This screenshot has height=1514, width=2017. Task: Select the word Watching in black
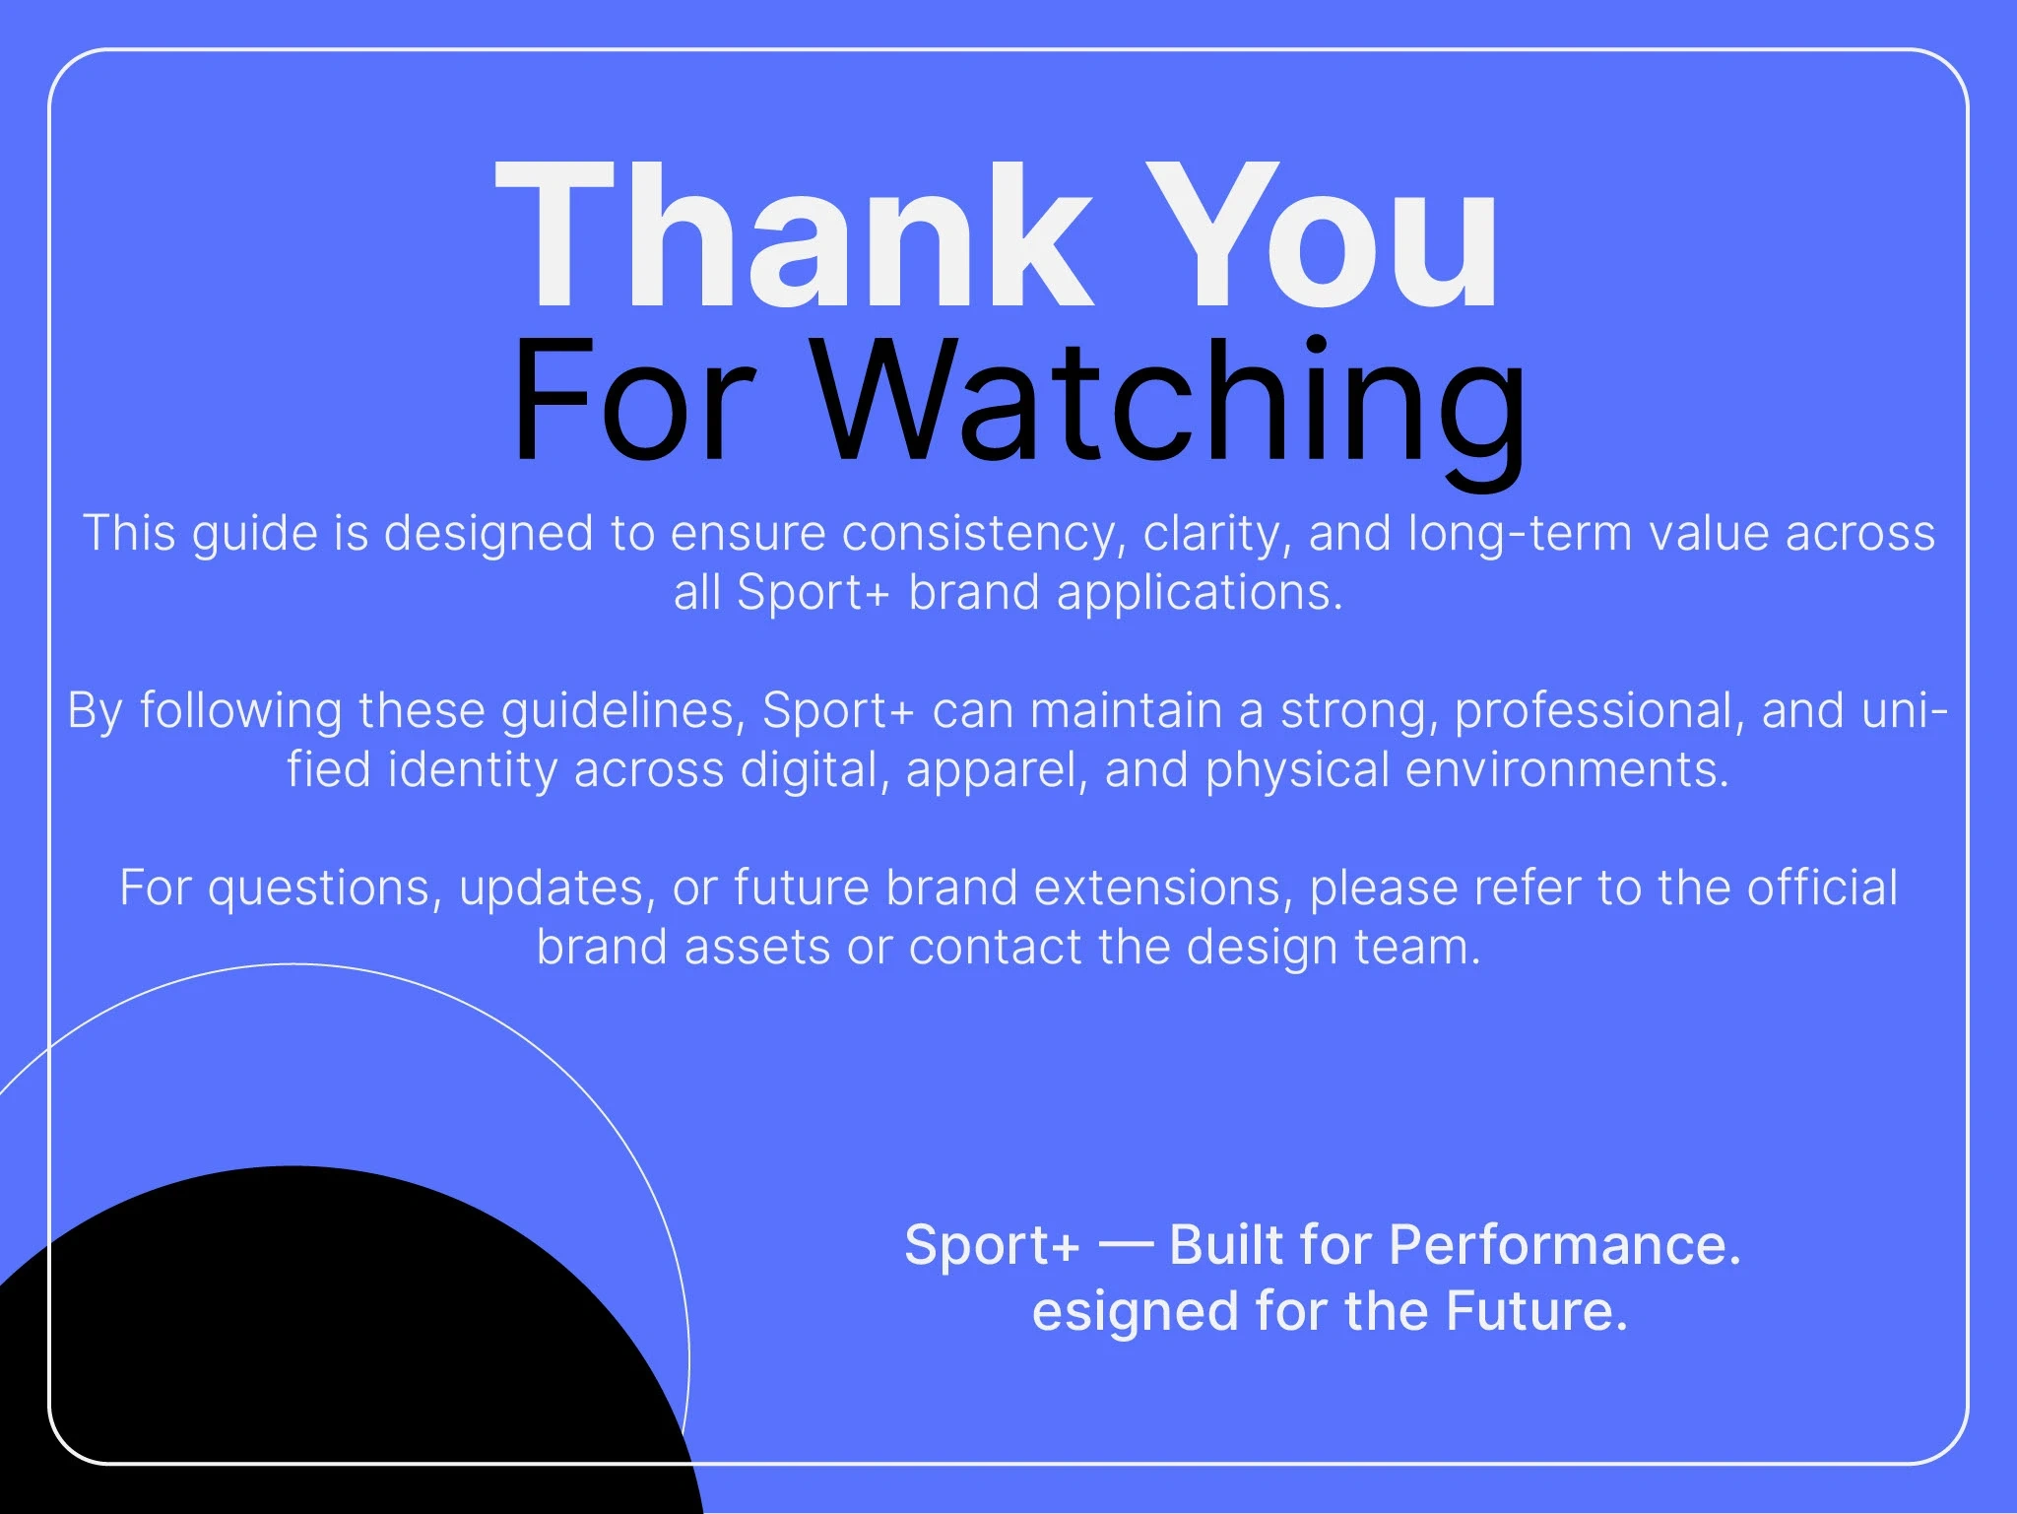[x=1172, y=404]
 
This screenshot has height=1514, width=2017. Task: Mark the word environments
[x=1567, y=771]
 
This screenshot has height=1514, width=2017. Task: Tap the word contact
[x=995, y=949]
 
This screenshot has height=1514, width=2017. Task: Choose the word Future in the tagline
[x=1536, y=1312]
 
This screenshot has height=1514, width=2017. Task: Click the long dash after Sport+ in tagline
[x=1125, y=1243]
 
